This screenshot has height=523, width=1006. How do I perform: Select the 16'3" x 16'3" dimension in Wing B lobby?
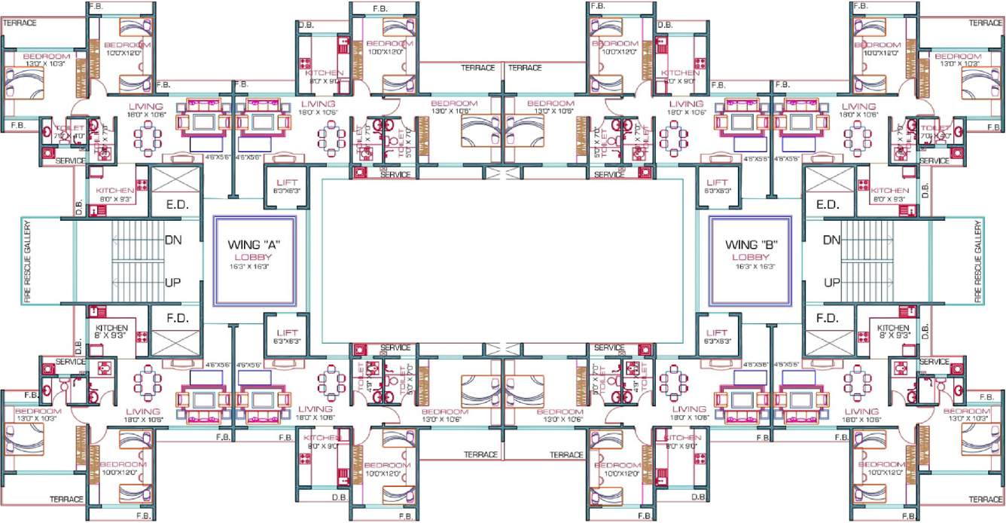click(x=750, y=267)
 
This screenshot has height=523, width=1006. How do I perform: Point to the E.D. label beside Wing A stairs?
click(x=176, y=205)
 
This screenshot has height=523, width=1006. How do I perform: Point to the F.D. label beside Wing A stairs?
click(x=176, y=318)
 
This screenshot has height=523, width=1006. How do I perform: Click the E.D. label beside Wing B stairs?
click(x=828, y=205)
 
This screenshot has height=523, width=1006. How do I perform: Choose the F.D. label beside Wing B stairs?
click(x=828, y=318)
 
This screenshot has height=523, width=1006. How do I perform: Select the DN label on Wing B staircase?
click(x=831, y=241)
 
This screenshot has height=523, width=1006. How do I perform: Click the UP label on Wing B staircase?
click(x=831, y=283)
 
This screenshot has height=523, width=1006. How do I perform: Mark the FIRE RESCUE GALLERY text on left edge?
click(x=28, y=261)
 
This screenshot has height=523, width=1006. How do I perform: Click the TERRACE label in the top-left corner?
click(x=20, y=23)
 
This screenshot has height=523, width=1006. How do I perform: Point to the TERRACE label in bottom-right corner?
click(x=986, y=500)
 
